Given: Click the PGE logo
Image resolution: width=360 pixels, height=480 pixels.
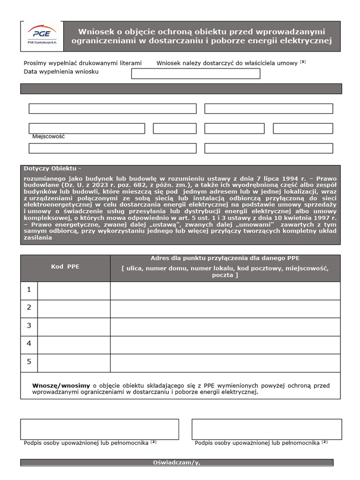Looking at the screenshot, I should coord(42,36).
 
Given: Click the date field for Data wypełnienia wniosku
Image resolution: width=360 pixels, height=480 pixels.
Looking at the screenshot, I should coord(195,74).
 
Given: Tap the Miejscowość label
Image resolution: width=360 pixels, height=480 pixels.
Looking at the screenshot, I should coord(48,136).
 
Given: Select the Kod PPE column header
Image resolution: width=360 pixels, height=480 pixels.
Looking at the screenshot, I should coord(65,267).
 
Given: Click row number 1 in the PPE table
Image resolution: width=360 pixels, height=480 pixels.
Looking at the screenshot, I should coord(29,290).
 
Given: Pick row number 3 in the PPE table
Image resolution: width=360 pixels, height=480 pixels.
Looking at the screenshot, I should coord(29,326).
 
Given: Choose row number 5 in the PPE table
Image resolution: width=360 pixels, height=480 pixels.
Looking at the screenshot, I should coord(29,362).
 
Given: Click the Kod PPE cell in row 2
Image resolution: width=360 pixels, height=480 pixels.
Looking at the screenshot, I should coord(74,308).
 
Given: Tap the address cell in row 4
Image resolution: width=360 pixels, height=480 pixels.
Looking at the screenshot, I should coord(225,345).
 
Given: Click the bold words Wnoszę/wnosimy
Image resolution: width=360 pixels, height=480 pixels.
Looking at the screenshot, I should coord(61,385).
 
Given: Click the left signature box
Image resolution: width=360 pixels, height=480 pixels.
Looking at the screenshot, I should coord(99,429).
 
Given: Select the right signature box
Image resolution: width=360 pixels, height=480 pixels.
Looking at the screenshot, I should coord(266,429).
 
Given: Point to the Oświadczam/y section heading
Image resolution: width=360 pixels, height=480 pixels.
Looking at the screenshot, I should coord(176,463).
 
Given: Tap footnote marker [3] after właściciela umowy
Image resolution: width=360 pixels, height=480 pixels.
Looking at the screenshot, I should coord(303,62).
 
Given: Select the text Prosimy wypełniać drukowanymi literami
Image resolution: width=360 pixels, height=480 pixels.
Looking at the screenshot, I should coord(82,63).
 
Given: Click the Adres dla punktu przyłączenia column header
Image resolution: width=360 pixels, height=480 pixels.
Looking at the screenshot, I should coord(225,258).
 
